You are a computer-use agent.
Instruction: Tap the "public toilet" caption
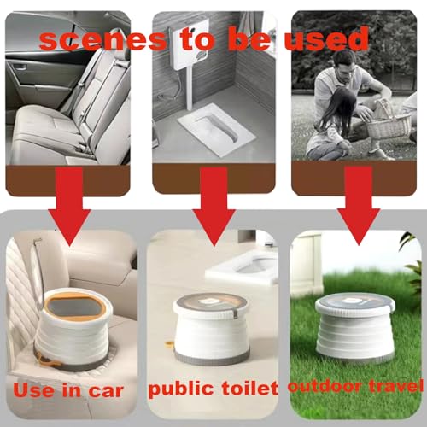tap(213, 389)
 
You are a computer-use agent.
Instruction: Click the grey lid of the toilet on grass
tap(354, 305)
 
